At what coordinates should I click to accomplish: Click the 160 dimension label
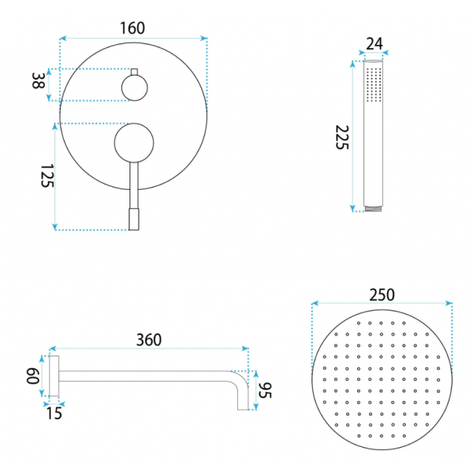click(132, 28)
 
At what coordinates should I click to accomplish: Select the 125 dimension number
click(47, 176)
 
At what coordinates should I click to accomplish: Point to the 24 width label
click(374, 43)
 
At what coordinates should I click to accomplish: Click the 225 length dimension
click(342, 137)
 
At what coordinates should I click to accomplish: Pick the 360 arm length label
click(149, 340)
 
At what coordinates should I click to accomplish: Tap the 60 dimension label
click(33, 376)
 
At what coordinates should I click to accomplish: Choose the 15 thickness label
click(54, 413)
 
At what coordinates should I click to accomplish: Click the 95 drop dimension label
click(265, 390)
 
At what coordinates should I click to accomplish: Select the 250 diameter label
click(382, 295)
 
